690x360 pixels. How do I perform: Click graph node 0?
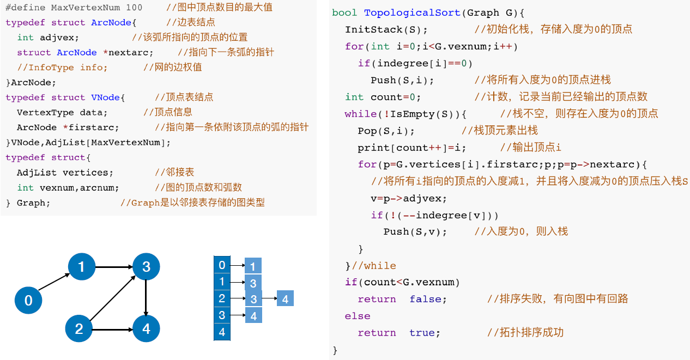pos(29,300)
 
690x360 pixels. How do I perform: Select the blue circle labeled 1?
pos(81,266)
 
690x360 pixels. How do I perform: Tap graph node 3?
pos(146,266)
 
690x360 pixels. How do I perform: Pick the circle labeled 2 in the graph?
pos(79,328)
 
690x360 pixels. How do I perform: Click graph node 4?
pos(146,328)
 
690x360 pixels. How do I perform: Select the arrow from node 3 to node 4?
pos(146,297)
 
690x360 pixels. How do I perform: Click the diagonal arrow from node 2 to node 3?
pos(113,297)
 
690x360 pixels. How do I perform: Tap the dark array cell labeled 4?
pos(222,332)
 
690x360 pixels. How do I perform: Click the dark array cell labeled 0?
pos(222,265)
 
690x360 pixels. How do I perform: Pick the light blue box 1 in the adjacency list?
pos(253,266)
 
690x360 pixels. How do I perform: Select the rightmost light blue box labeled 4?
pos(285,298)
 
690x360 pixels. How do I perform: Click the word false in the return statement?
pos(428,299)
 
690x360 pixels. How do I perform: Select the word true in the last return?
pos(425,333)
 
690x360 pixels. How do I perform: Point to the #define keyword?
pos(26,8)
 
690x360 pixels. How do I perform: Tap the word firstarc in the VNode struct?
pos(94,127)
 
